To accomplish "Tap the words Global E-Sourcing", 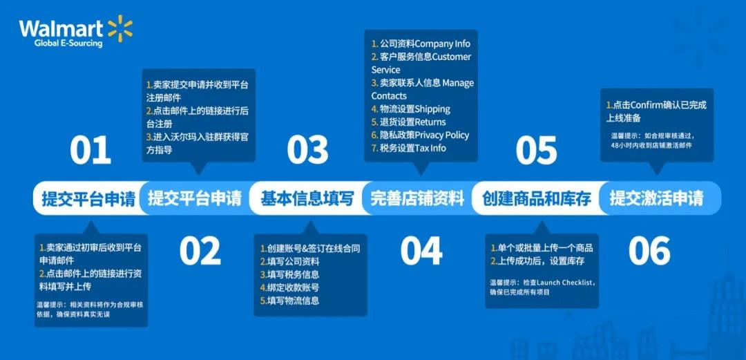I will coord(68,44).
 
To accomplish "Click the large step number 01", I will coord(90,151).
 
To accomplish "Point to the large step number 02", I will coord(200,252).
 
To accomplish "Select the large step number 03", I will coord(307,151).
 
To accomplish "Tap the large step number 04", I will coord(421,252).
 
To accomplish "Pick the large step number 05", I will coord(536,151).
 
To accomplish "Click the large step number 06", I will coord(649,252).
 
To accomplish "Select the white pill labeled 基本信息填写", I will coord(307,199).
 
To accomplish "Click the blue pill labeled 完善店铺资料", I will coord(417,199).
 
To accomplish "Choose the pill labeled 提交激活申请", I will coord(656,199).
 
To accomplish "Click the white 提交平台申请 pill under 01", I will coord(88,199).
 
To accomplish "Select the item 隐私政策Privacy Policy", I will coord(420,135).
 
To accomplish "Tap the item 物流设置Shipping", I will coord(411,108).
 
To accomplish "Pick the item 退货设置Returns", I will coord(409,122).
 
